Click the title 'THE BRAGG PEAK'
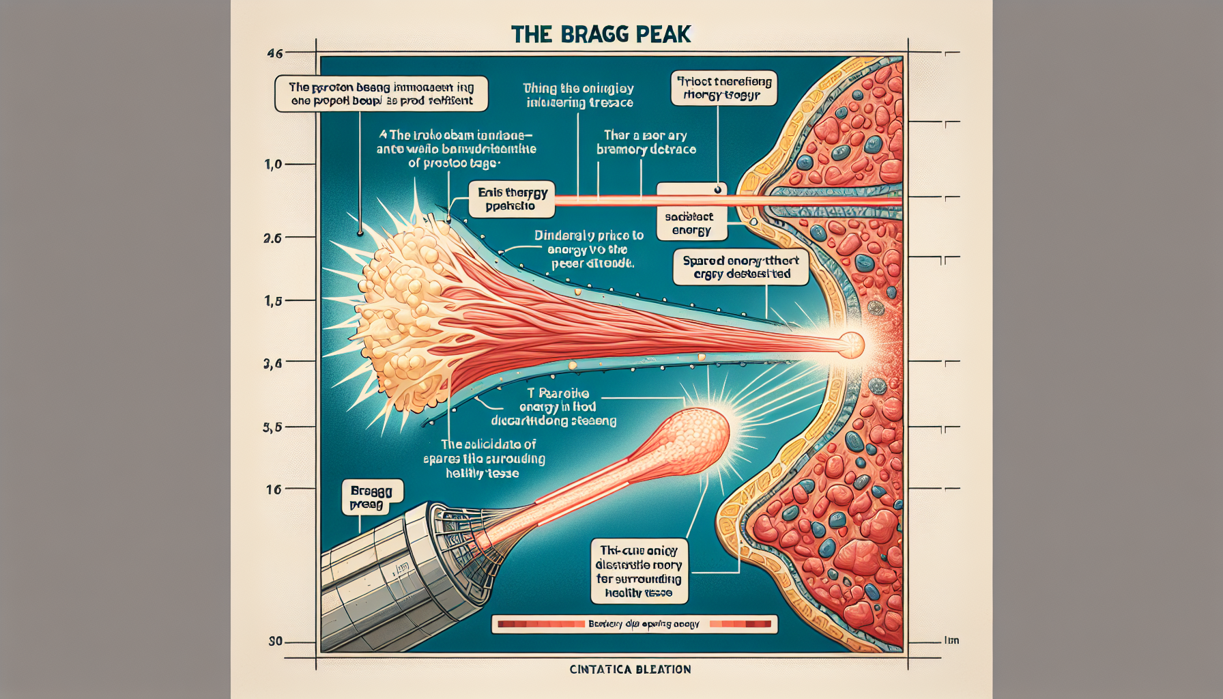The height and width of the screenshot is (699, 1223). click(x=601, y=34)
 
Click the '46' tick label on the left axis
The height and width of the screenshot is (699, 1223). click(x=274, y=53)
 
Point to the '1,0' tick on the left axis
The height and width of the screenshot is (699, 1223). click(x=273, y=165)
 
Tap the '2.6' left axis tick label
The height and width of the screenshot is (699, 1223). click(x=272, y=238)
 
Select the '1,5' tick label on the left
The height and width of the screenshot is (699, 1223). click(x=273, y=301)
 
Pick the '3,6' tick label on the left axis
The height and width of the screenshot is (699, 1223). click(x=272, y=364)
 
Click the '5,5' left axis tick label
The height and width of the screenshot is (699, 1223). click(x=272, y=428)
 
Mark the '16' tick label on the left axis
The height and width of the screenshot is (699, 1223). click(x=274, y=489)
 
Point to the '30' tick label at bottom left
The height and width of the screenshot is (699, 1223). click(x=275, y=642)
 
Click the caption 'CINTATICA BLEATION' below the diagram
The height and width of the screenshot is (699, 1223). click(x=630, y=670)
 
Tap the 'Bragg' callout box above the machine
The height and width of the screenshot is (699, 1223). click(x=371, y=497)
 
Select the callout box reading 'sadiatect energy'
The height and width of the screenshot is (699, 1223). click(x=691, y=223)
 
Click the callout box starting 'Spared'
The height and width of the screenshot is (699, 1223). click(x=740, y=267)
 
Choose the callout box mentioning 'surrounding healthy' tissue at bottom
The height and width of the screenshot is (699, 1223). click(x=639, y=571)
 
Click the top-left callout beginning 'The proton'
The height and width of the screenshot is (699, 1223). click(x=381, y=94)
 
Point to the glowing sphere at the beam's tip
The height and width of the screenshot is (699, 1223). click(x=851, y=345)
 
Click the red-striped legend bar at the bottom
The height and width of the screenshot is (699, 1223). click(x=634, y=624)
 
